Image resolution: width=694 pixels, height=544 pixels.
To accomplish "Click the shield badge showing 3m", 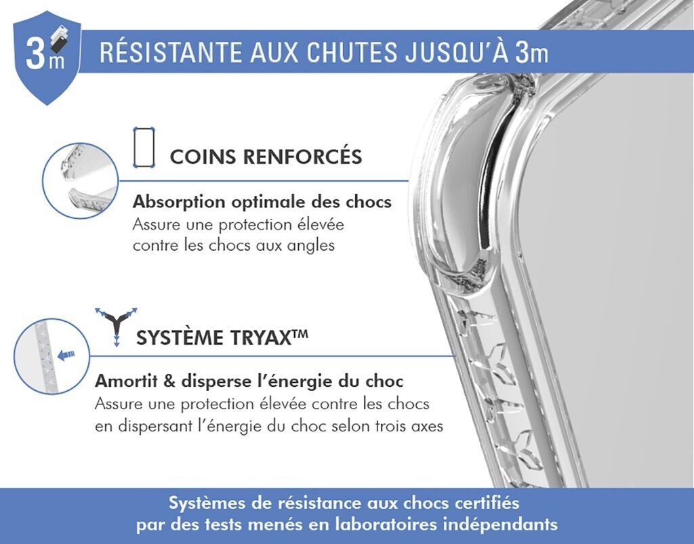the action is (47, 58).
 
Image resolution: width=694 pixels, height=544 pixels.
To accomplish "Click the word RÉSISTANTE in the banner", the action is (170, 52).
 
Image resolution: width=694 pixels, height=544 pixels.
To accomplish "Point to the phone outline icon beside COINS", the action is (144, 147).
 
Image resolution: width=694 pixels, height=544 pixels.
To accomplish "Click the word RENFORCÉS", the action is (303, 156).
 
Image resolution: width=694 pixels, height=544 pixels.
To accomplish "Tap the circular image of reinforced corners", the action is (81, 180).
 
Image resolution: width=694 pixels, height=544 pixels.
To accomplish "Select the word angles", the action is (310, 245).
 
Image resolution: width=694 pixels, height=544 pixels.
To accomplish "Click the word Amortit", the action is (126, 381).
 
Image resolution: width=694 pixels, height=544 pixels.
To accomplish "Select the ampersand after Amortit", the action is (169, 381).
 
